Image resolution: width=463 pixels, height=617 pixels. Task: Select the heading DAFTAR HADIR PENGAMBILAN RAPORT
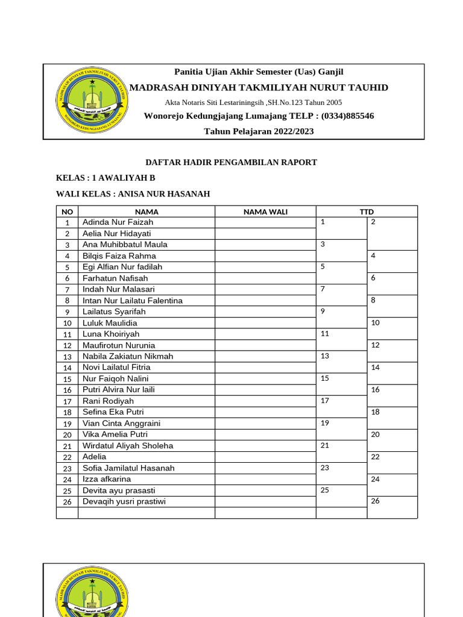(232, 163)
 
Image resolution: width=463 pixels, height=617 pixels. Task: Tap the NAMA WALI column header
(265, 211)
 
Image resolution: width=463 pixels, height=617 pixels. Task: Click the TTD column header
(367, 211)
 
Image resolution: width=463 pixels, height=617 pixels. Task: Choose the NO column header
(67, 211)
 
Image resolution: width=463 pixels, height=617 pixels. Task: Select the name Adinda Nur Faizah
(118, 222)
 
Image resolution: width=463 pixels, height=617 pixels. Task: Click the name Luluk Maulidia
(110, 323)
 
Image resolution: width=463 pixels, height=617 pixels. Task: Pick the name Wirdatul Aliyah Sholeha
(128, 446)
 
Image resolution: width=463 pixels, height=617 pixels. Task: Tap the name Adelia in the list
(94, 457)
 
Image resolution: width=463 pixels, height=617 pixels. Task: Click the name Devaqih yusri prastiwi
(124, 501)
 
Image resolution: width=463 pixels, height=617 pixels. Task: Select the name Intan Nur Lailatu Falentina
(133, 301)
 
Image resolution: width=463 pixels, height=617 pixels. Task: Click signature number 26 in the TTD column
(376, 501)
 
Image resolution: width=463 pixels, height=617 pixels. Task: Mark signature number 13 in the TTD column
(325, 356)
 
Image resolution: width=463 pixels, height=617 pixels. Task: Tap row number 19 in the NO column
(68, 424)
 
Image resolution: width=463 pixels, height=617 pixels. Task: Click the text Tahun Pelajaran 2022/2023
(259, 131)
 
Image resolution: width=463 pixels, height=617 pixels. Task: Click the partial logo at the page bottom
(92, 594)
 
